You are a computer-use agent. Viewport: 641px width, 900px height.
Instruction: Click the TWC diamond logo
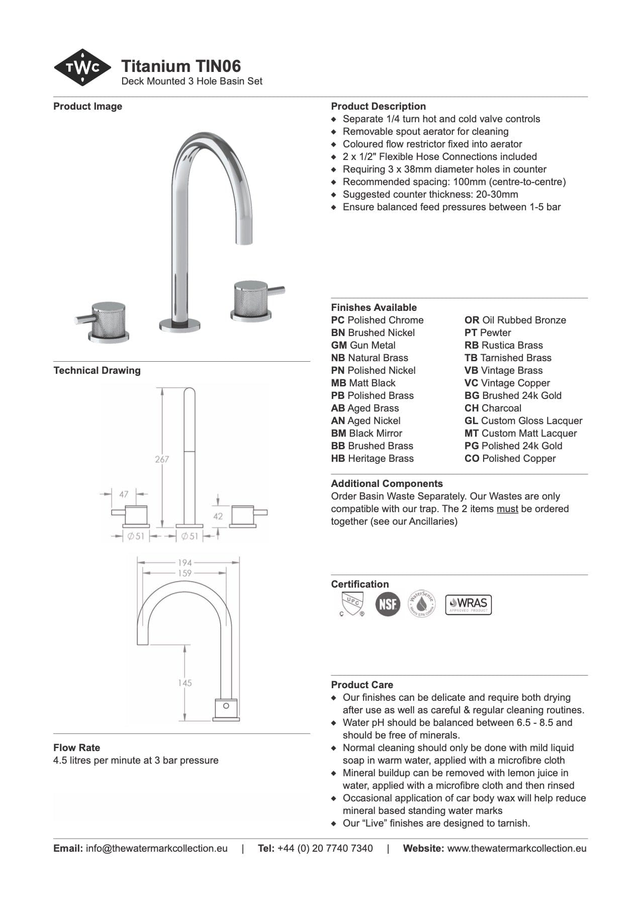point(82,67)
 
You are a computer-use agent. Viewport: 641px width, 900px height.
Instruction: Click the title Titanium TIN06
point(181,66)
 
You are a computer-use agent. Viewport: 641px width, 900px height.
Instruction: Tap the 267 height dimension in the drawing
point(162,459)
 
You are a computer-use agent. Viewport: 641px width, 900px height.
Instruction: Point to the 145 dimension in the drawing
point(185,683)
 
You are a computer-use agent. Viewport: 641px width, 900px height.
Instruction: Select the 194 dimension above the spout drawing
point(185,562)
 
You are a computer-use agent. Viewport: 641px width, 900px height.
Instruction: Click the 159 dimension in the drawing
point(185,573)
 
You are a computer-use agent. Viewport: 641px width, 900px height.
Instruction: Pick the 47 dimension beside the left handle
point(124,494)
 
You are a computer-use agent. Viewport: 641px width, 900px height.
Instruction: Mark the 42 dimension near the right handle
point(218,516)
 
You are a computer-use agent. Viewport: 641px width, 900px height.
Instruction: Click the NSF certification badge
point(388,604)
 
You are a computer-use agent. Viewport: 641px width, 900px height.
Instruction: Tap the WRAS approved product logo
point(468,604)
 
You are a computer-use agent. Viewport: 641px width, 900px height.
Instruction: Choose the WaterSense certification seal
point(421,604)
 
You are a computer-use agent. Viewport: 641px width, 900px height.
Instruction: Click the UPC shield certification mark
point(351,604)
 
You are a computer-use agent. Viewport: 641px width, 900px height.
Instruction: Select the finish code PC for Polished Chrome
point(338,320)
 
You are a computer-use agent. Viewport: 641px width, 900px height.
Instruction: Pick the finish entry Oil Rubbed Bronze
point(515,320)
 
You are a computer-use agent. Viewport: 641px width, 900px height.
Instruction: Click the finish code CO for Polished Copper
point(472,458)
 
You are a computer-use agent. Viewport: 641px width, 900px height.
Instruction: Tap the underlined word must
point(507,509)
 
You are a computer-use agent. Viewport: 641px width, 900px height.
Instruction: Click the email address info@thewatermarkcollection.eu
point(156,848)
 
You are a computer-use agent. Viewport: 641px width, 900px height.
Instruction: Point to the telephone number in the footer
point(325,848)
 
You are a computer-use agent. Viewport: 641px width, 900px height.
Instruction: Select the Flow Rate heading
point(76,748)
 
